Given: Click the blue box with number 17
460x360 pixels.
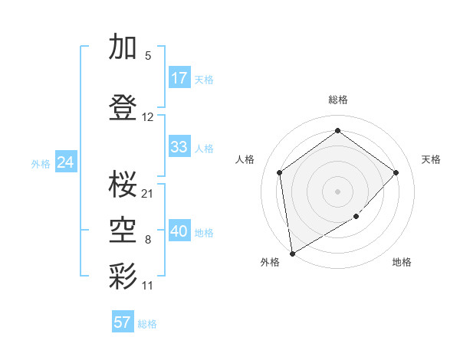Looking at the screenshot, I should click(179, 78).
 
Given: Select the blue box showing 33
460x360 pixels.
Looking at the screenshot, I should click(179, 147).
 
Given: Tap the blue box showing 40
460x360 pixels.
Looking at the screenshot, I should click(179, 231).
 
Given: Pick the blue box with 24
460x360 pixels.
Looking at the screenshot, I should click(65, 162).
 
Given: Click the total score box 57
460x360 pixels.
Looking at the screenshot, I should click(123, 322).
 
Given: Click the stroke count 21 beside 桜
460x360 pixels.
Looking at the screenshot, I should click(148, 193).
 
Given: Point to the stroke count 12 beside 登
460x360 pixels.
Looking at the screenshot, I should click(148, 117).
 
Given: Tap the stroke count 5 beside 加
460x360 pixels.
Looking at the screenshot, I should click(148, 56).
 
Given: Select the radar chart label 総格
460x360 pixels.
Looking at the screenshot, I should click(337, 100).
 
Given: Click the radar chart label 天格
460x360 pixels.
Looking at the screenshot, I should click(431, 159).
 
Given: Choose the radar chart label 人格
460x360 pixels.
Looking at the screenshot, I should click(245, 159).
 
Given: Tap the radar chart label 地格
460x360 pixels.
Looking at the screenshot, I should click(402, 262).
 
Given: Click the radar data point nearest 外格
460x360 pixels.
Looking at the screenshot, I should click(292, 253).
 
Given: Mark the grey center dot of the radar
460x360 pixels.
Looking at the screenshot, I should click(337, 191).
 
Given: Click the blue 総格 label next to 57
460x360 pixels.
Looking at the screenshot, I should click(147, 324).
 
